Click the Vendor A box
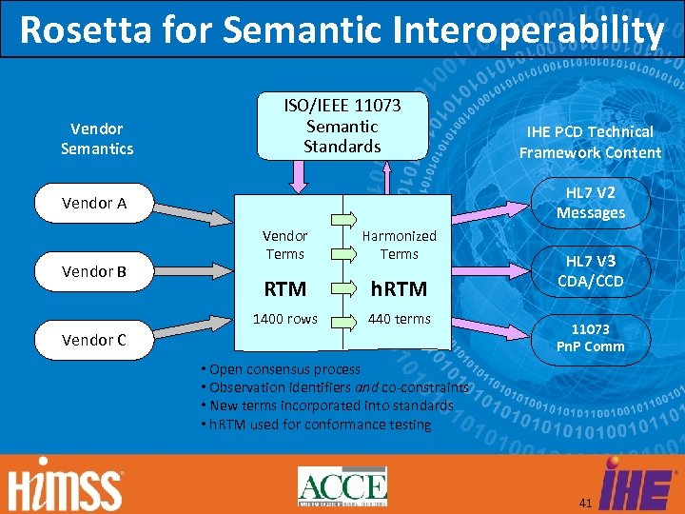tap(94, 203)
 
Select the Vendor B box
tap(94, 271)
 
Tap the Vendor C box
tap(94, 340)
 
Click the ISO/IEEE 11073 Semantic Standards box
tap(342, 126)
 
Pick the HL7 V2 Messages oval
tap(590, 203)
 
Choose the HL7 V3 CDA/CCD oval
tap(590, 271)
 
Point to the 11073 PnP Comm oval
tap(590, 337)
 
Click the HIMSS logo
tap(66, 488)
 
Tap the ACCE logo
tap(342, 486)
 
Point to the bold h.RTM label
tap(399, 288)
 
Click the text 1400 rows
tap(284, 319)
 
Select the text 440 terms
tap(399, 319)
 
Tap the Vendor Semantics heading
tap(97, 138)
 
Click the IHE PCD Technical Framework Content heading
tap(590, 142)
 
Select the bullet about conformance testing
tap(316, 425)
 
